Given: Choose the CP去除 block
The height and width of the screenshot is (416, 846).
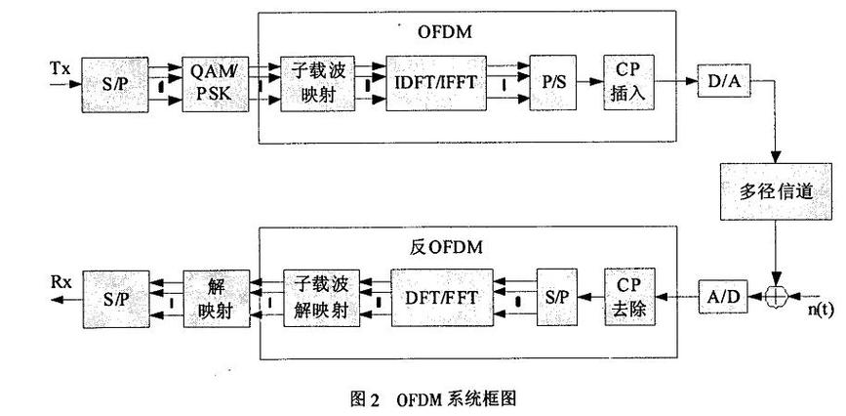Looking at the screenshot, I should (628, 294).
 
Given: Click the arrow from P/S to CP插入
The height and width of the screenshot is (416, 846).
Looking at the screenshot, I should (588, 85).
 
